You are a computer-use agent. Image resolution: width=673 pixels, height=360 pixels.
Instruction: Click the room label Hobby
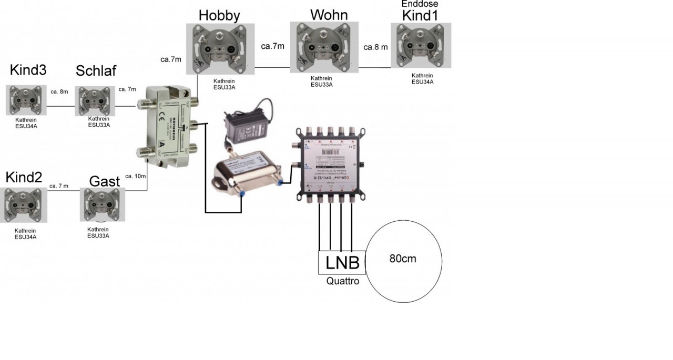(x=219, y=15)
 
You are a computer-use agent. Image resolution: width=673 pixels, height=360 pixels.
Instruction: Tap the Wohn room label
(x=329, y=14)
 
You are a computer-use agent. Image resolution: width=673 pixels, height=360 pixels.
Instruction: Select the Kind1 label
(x=420, y=15)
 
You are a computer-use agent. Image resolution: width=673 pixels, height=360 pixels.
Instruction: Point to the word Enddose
(x=420, y=4)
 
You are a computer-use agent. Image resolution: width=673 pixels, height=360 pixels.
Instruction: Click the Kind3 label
(x=28, y=70)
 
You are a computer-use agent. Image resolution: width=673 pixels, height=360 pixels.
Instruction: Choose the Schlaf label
(x=96, y=70)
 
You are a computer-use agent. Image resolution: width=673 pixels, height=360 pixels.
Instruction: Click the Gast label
(x=104, y=181)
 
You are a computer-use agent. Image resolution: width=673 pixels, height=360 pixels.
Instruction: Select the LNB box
(x=342, y=262)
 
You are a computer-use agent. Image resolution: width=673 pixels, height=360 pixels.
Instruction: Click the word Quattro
(x=342, y=281)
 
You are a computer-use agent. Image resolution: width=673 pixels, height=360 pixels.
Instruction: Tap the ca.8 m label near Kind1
(x=375, y=47)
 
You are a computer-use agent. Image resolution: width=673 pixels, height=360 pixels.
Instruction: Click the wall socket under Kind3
(x=26, y=100)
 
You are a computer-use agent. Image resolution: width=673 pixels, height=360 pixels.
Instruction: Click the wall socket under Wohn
(x=324, y=47)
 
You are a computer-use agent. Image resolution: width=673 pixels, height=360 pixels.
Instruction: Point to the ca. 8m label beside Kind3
(x=59, y=91)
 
